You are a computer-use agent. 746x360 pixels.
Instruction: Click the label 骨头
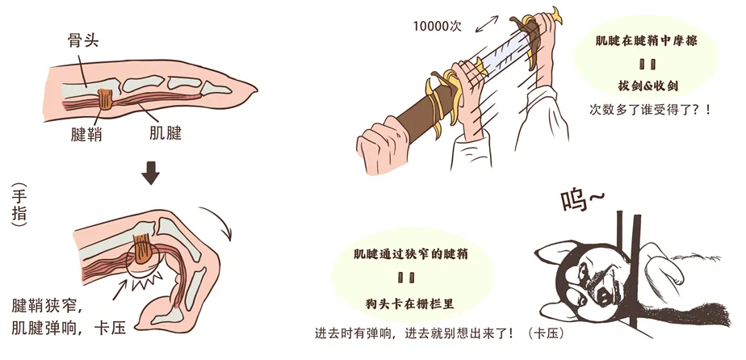82,41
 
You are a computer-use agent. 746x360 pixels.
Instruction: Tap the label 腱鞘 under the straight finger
86,135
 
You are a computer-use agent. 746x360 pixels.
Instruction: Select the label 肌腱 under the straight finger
165,133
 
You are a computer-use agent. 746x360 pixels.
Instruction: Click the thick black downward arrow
151,173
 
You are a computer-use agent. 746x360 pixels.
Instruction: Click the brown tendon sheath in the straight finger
105,99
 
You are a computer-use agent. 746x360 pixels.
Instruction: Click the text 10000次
438,26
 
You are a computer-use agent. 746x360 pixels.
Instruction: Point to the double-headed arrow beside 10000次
487,23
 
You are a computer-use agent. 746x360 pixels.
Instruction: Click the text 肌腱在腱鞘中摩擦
646,41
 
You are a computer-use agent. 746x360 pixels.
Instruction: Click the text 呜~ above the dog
583,202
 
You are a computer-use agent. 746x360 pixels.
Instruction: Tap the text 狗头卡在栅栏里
410,303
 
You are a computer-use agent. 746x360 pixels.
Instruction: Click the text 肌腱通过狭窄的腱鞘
411,254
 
